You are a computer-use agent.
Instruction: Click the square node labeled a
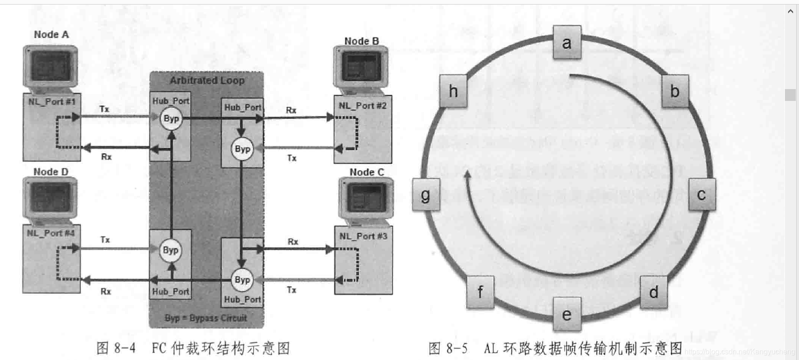(566, 42)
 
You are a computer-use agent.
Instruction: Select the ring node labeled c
(702, 195)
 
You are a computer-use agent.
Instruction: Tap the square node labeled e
(567, 315)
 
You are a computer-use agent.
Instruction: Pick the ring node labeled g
(426, 195)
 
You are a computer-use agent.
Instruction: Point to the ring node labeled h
(453, 91)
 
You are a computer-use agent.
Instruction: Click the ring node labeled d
(654, 292)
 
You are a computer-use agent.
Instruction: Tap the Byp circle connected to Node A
(171, 119)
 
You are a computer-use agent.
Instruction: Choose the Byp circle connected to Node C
(242, 280)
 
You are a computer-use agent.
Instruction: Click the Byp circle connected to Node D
(170, 250)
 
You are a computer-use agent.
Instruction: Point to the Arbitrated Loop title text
(207, 80)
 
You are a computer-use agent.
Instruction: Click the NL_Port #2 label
(362, 105)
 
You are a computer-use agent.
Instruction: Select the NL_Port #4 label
(50, 233)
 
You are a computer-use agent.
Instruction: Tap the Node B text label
(361, 41)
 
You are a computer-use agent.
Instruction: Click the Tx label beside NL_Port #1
(104, 109)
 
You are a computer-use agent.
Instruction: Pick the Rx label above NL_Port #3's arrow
(293, 242)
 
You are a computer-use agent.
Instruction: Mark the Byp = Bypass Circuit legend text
(206, 318)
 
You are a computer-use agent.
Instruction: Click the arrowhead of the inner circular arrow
(466, 175)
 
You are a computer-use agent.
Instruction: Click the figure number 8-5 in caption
(457, 349)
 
